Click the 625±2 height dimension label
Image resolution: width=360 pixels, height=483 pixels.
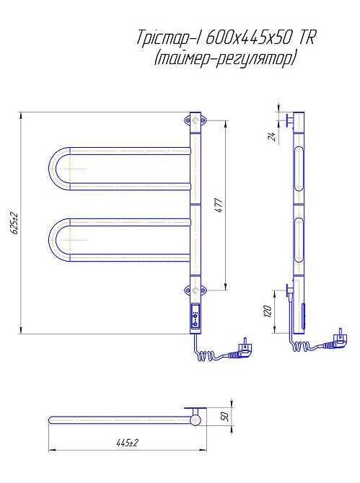click(14, 223)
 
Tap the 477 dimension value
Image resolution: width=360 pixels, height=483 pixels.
click(219, 205)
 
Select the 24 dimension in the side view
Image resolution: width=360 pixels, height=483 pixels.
click(272, 136)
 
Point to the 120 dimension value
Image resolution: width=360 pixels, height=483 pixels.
click(268, 311)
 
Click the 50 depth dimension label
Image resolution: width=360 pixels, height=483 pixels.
click(225, 417)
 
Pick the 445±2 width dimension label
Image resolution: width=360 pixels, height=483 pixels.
click(127, 443)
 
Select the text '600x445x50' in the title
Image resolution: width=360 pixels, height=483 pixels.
click(248, 37)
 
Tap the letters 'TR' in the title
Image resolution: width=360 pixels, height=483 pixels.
click(307, 37)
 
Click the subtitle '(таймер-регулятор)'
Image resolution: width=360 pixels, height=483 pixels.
click(225, 58)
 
